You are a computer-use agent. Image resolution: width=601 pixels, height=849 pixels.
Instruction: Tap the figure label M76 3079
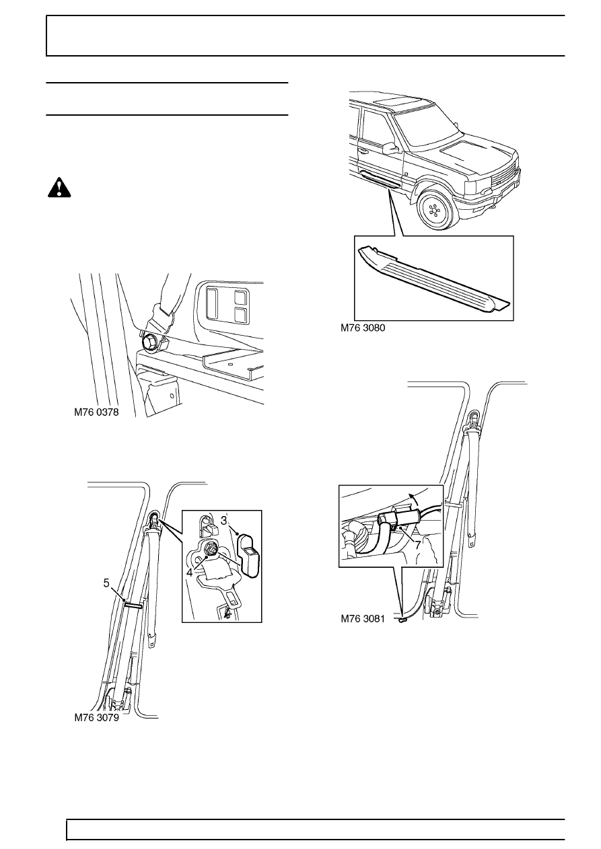click(96, 718)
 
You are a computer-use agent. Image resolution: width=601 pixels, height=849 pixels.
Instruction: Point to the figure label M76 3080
click(365, 328)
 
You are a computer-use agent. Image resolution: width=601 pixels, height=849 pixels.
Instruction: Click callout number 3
click(224, 520)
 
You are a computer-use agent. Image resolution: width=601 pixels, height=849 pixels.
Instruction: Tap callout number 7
click(418, 544)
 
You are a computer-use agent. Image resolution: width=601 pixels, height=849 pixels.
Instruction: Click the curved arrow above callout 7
click(415, 502)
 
